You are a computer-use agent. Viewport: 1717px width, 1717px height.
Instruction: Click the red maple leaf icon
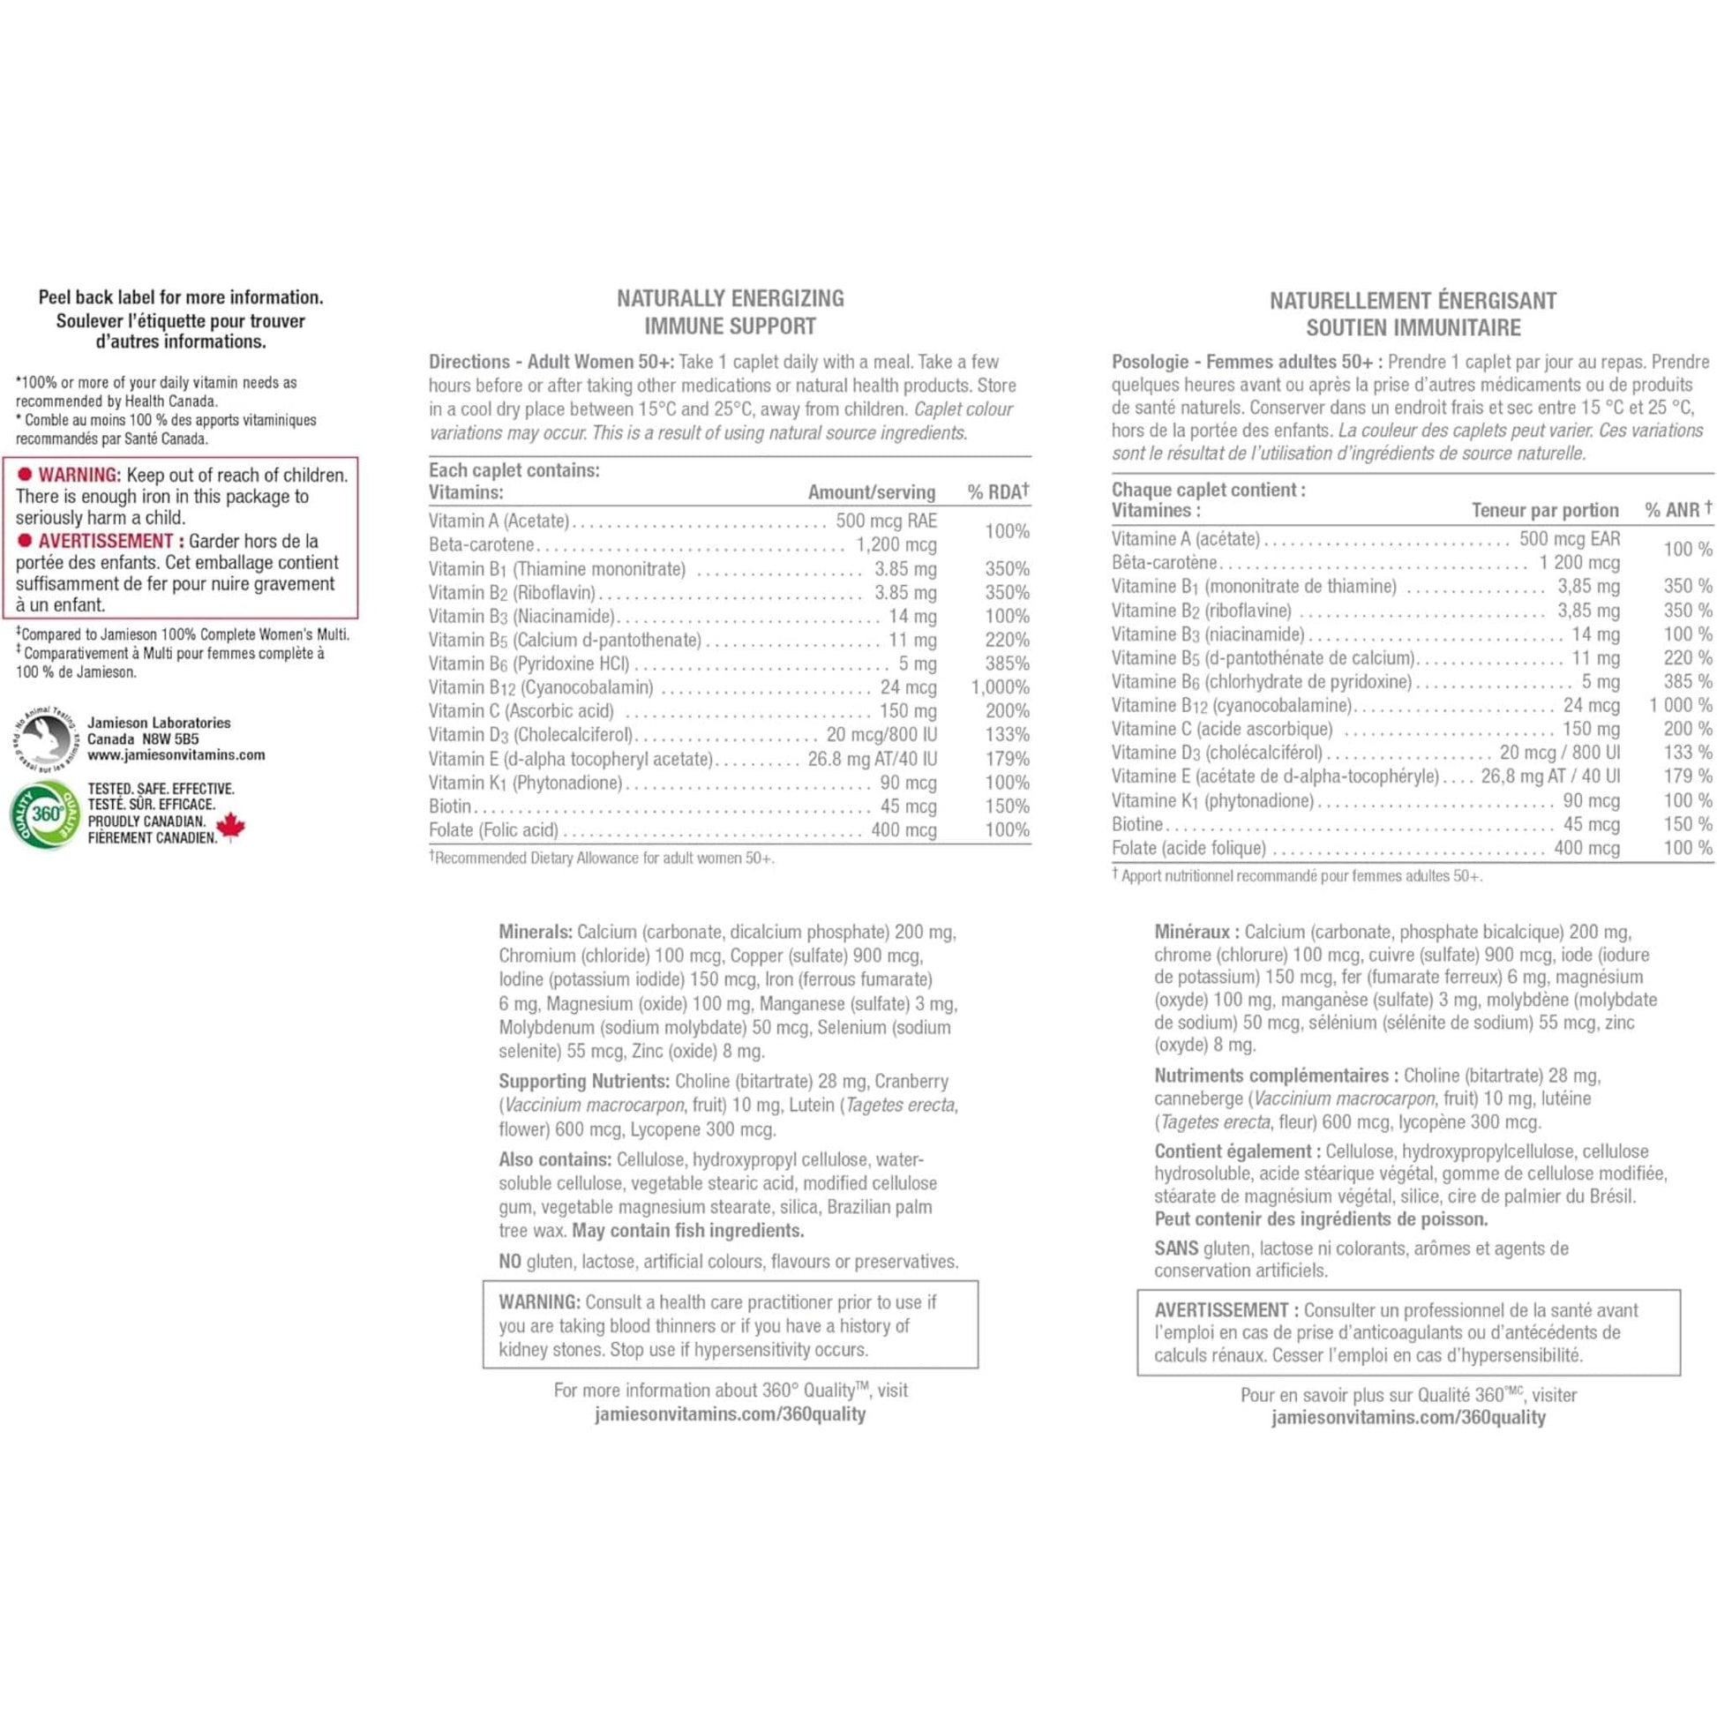231,827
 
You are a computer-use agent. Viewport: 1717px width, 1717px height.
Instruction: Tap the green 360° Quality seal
43,814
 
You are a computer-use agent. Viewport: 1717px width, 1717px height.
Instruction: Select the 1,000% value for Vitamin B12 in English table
1000,687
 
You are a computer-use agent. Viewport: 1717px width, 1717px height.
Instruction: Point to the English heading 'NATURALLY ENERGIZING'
731,298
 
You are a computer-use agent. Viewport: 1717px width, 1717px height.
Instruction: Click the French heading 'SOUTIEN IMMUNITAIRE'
1413,328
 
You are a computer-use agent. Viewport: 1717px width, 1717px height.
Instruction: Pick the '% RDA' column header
997,491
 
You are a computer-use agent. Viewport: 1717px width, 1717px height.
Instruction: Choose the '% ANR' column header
1677,510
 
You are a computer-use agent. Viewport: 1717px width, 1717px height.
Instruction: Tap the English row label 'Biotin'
450,806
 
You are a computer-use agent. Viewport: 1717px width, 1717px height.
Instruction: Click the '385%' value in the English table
1007,663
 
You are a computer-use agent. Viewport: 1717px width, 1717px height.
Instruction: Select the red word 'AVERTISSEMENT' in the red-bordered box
106,541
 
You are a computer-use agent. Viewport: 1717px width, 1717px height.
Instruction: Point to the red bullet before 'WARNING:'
25,475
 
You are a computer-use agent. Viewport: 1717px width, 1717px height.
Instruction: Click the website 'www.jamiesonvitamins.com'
176,755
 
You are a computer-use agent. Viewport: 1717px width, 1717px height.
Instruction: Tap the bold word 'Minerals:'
535,933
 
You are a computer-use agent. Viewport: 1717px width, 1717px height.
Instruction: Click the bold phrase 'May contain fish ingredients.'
688,1231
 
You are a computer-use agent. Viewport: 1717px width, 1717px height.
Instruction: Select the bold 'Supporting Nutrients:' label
584,1082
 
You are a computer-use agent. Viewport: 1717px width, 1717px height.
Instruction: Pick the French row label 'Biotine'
1136,824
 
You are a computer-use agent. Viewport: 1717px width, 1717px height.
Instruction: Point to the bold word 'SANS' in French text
1176,1248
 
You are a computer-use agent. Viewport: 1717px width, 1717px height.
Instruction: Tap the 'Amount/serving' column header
871,492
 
